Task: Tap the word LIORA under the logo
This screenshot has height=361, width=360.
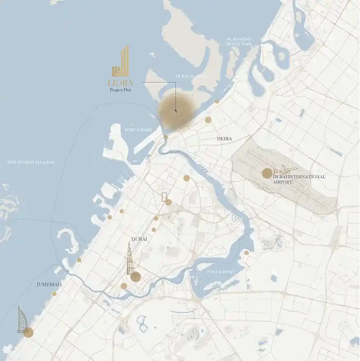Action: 121,83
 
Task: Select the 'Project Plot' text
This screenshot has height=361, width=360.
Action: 121,90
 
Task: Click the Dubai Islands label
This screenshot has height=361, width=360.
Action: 191,76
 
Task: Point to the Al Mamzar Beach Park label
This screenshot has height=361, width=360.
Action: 239,41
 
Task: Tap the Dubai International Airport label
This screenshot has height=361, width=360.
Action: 299,179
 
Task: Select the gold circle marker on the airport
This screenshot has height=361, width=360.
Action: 267,173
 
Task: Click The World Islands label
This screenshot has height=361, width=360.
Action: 31,162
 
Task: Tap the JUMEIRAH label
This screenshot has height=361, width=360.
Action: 49,285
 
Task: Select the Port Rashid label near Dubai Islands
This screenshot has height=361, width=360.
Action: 138,130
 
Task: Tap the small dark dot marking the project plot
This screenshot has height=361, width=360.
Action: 176,111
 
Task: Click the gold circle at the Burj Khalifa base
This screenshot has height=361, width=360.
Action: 136,277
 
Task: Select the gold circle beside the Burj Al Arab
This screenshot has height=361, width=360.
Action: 28,333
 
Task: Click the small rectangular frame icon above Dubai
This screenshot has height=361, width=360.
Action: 165,196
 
